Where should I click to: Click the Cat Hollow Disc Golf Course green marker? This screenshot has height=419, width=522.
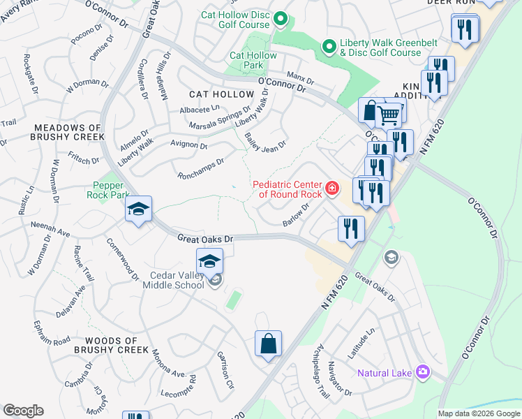point(281,19)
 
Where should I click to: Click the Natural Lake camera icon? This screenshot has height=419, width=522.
point(422,372)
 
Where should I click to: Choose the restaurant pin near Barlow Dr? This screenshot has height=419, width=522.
point(350,228)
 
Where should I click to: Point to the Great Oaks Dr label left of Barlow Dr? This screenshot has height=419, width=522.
point(204,238)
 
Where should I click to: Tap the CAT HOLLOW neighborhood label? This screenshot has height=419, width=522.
point(222,94)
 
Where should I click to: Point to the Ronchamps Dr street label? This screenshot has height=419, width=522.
point(201,168)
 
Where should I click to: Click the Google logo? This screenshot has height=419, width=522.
point(23,411)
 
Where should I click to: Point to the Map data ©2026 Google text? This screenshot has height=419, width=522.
point(478,413)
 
